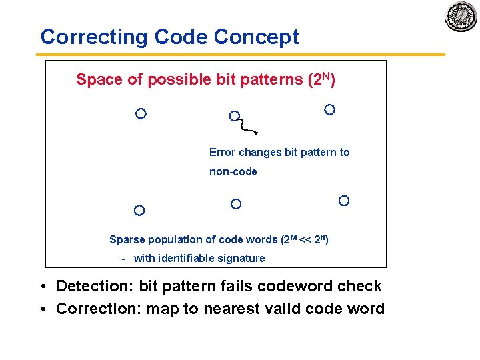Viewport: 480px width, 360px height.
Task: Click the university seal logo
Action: click(x=461, y=16)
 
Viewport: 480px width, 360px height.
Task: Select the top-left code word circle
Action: click(x=141, y=113)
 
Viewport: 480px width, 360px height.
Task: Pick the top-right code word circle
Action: click(x=329, y=109)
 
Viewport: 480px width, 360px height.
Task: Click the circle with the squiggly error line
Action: click(x=235, y=116)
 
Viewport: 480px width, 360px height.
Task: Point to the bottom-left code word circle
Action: click(x=139, y=211)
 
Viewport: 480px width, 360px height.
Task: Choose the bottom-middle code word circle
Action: click(x=236, y=204)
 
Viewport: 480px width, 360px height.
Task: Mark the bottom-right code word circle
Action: click(x=344, y=201)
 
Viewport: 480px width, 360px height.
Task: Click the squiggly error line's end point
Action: click(x=257, y=133)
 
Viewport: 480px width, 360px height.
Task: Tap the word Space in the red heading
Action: click(x=99, y=80)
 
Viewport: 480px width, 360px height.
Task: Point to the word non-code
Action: click(x=233, y=172)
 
